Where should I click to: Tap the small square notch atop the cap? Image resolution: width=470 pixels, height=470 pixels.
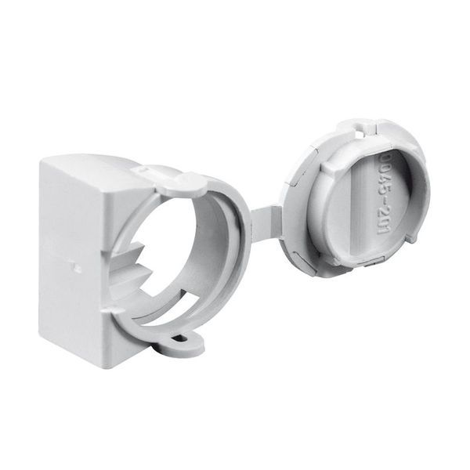(x=363, y=124)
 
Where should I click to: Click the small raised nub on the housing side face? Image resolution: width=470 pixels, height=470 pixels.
(x=77, y=266)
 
